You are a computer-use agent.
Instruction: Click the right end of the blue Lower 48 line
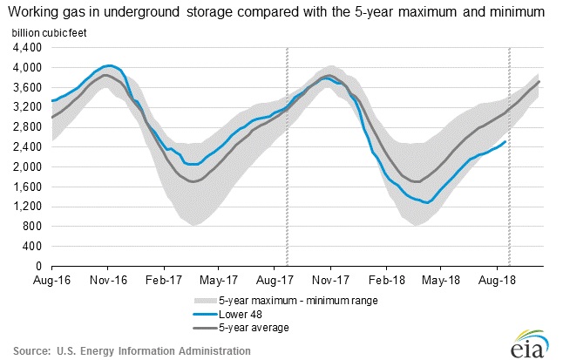[506, 141]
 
